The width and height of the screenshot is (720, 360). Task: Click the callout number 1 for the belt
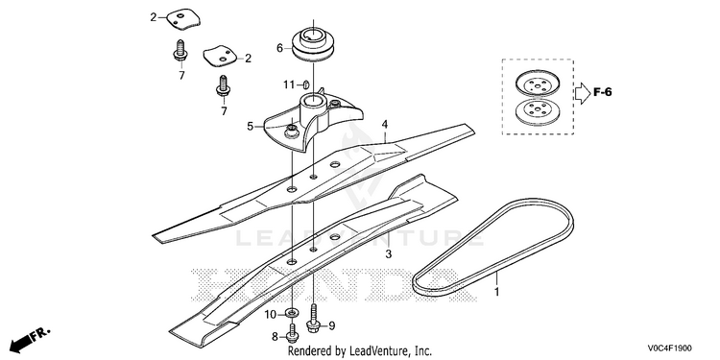496,292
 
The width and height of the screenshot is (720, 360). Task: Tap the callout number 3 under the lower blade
388,254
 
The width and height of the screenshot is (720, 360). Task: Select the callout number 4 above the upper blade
385,125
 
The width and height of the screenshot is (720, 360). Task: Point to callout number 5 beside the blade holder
251,126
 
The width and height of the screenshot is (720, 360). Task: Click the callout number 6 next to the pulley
279,48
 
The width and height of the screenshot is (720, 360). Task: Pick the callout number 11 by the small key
288,84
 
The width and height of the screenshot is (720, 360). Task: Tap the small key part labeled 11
305,84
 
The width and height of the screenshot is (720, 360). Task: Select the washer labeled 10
291,313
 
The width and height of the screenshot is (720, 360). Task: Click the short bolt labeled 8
291,333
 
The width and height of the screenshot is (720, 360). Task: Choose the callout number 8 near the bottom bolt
276,338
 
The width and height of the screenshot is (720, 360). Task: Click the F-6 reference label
602,92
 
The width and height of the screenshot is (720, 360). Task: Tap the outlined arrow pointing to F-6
583,93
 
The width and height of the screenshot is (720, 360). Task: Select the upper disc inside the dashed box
538,83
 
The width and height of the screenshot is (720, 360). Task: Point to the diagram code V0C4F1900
669,348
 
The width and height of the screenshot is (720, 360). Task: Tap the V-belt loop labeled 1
492,248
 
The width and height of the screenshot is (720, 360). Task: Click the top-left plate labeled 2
183,19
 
